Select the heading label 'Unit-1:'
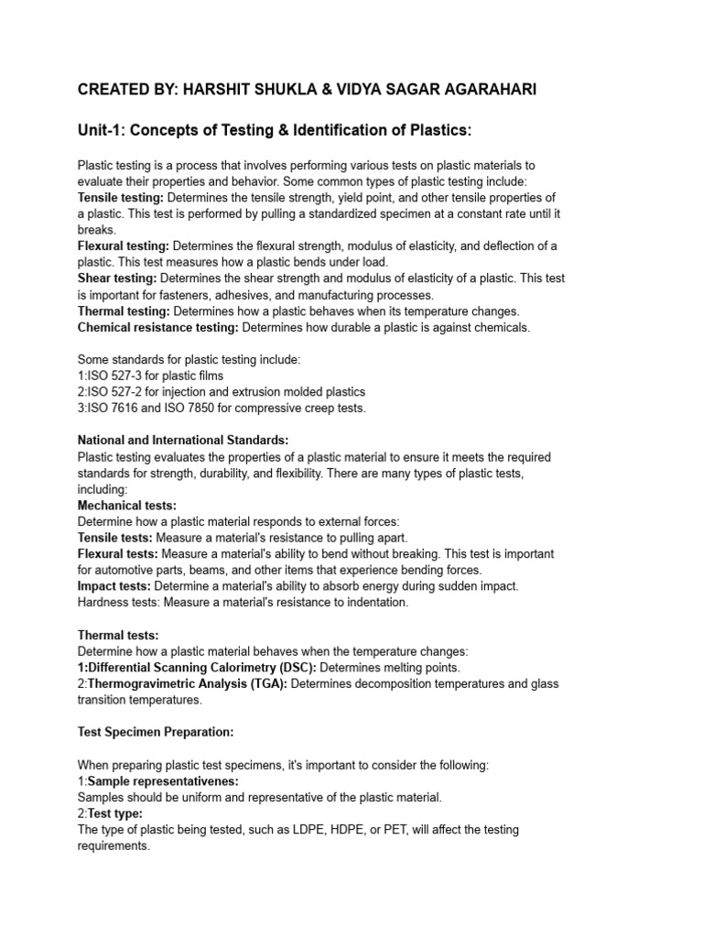[101, 132]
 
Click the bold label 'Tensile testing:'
[121, 198]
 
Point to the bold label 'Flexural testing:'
[124, 246]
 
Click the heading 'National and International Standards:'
[183, 441]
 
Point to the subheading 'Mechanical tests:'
[127, 506]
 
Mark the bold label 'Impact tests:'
[114, 586]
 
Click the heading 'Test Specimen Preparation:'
[156, 732]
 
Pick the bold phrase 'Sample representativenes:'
[163, 781]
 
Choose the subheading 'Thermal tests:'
[118, 635]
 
